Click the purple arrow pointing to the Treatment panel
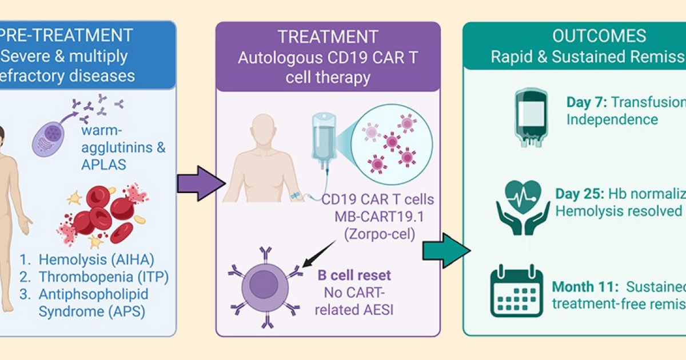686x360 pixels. pos(197,183)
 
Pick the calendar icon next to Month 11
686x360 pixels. pos(516,290)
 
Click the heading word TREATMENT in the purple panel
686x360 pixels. pos(328,38)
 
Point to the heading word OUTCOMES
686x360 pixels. pos(599,37)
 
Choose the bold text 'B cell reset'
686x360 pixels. pos(354,275)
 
